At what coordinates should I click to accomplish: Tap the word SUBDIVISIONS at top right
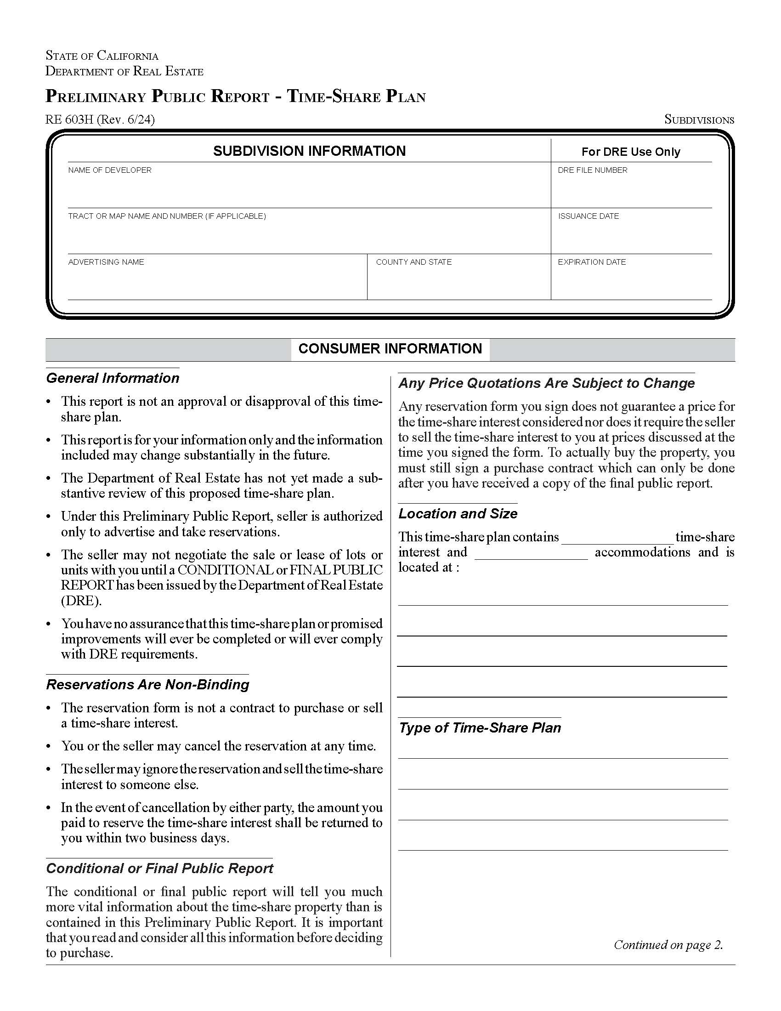coord(699,119)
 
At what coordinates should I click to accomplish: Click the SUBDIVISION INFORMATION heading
coord(309,151)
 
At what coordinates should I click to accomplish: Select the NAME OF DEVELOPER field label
coord(110,170)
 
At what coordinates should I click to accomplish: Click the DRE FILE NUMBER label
coord(592,170)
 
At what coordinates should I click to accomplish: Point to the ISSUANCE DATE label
coord(588,216)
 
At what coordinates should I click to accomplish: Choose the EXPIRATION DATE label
coord(591,261)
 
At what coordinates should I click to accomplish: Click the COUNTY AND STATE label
coord(413,261)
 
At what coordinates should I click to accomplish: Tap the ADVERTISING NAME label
coord(106,261)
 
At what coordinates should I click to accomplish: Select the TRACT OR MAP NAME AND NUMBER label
coord(167,216)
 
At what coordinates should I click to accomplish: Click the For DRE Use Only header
coord(631,152)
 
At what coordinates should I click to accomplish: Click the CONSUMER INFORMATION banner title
coord(390,349)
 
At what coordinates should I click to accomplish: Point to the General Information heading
coord(113,378)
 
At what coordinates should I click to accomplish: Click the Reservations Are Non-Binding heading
coord(147,684)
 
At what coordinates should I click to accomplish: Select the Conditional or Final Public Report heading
coord(159,868)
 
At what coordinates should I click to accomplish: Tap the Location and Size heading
coord(458,513)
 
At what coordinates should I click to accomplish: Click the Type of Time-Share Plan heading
coord(480,728)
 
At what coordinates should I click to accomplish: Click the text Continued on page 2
coord(668,944)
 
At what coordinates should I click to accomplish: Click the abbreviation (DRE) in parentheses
coord(81,601)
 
